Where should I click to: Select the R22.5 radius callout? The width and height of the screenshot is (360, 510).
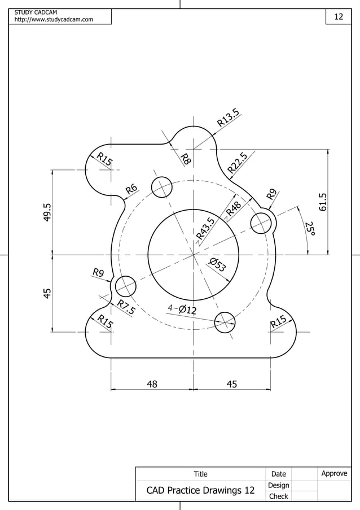[x=238, y=163]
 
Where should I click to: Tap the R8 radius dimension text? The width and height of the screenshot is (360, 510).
[x=185, y=159]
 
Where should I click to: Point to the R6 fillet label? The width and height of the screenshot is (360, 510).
[x=131, y=189]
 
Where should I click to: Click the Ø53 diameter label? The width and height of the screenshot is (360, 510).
[x=218, y=264]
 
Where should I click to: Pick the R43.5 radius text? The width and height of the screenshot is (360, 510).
[x=205, y=228]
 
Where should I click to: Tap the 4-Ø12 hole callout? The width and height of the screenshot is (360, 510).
[x=182, y=310]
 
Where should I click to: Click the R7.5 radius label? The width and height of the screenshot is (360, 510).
[x=126, y=308]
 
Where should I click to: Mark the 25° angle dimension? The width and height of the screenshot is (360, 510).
[x=310, y=229]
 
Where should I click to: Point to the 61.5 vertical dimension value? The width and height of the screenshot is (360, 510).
[x=323, y=202]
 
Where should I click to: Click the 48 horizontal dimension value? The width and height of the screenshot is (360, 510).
[x=152, y=385]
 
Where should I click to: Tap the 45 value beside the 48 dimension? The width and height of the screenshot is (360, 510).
[x=231, y=385]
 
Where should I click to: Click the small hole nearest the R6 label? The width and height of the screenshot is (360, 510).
[x=161, y=187]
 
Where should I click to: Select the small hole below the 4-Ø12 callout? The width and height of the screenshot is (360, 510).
[x=225, y=322]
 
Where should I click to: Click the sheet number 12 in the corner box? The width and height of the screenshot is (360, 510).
[x=339, y=17]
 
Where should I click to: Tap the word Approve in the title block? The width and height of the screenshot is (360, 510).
[x=334, y=473]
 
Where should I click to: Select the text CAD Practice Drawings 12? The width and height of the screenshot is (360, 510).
[x=200, y=491]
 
